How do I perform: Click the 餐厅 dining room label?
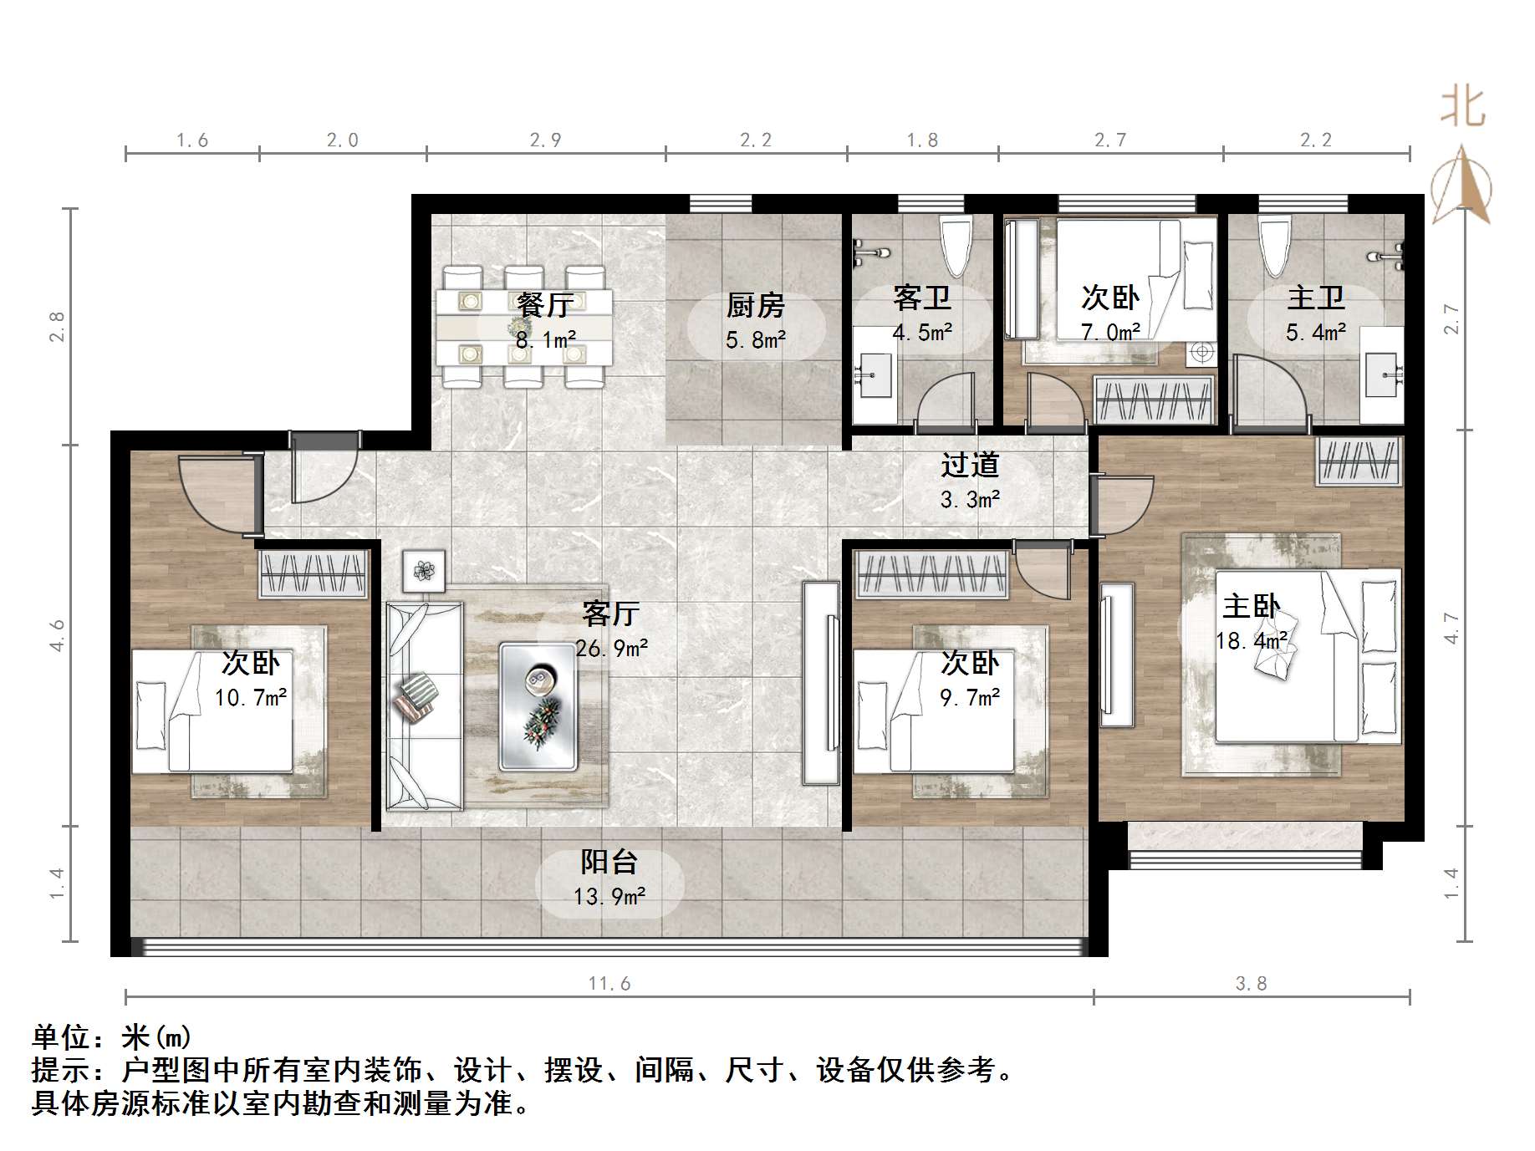pos(543,304)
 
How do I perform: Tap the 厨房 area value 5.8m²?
pos(755,340)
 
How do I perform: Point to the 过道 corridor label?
pos(970,465)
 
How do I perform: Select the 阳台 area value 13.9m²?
pos(609,897)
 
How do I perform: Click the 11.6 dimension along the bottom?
pos(609,984)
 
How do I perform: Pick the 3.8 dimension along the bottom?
pos(1251,984)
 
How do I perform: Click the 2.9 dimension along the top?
pos(545,140)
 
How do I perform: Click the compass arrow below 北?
pos(1461,186)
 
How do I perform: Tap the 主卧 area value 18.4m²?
pos(1251,641)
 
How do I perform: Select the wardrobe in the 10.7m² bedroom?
pos(314,573)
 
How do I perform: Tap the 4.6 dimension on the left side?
pos(57,635)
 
